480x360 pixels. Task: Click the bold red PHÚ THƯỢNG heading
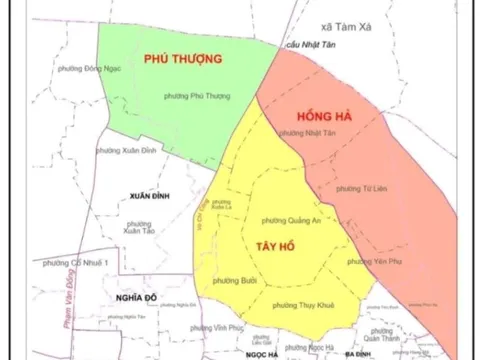coord(183,59)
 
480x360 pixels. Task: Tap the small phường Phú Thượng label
coord(195,95)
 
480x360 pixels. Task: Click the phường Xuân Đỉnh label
coord(121,149)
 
